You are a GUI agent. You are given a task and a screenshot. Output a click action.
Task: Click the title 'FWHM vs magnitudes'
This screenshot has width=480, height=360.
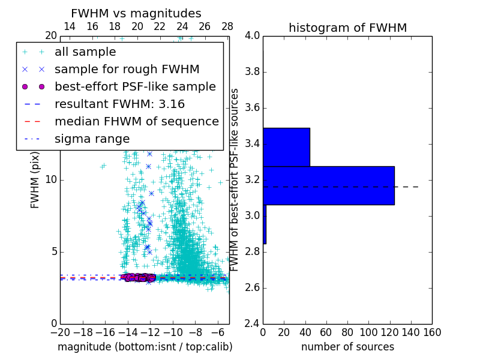pos(136,13)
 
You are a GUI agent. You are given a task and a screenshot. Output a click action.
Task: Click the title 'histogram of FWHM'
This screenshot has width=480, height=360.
pos(347,28)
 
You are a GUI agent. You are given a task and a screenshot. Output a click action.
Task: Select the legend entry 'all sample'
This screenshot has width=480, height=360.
pos(85,52)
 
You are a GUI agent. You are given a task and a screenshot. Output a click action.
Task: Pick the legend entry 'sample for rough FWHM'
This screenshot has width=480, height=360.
pos(127,69)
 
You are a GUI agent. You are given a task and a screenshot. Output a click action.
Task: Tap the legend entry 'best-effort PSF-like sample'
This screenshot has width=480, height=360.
pos(135,86)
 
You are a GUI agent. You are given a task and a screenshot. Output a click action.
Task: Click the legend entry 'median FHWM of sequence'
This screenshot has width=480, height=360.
pos(136,121)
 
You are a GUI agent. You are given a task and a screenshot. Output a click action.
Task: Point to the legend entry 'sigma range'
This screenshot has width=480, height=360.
pos(92,139)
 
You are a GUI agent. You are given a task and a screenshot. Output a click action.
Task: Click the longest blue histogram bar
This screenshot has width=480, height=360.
pos(328,185)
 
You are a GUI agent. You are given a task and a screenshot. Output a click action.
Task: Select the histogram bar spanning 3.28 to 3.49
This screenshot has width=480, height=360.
pos(286,147)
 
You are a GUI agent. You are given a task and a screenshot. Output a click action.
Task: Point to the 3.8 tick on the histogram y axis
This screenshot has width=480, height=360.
pos(253,72)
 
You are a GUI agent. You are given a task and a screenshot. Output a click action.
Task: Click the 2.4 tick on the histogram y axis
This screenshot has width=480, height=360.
pos(253,323)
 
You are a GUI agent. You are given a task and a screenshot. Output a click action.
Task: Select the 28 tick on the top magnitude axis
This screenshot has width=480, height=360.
pos(227,26)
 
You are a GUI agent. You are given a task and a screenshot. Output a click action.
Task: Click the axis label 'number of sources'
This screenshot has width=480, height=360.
pos(347,347)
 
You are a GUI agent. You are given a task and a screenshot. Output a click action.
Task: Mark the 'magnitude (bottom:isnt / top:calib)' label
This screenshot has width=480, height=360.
pos(145,347)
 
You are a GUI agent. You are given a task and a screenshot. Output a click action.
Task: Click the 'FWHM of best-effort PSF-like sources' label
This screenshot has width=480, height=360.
pos(235,179)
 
